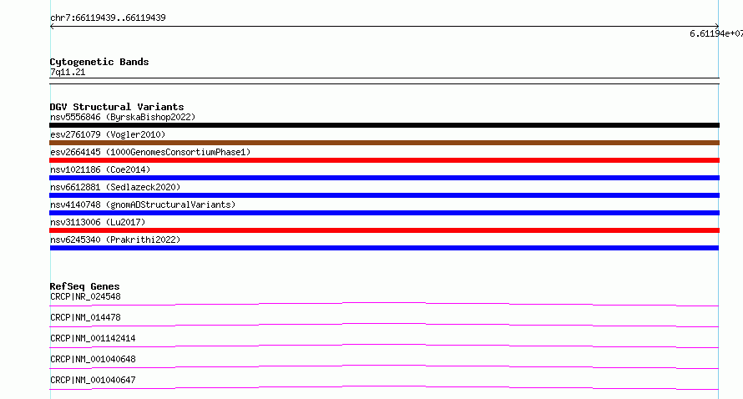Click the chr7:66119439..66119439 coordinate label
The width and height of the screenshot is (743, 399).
(108, 18)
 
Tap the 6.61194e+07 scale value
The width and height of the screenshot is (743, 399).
(716, 33)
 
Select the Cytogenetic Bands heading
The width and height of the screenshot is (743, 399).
(99, 62)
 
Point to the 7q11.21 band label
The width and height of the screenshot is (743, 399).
(68, 72)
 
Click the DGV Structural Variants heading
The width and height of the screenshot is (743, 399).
(117, 107)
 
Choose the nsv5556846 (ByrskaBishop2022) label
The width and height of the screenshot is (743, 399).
(123, 117)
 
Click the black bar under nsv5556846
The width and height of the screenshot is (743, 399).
(384, 125)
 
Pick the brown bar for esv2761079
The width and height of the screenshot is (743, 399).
(384, 143)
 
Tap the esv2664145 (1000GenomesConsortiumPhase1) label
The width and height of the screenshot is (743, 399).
(150, 152)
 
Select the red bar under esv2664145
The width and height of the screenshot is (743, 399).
(384, 160)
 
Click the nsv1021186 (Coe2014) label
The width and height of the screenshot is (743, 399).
(100, 169)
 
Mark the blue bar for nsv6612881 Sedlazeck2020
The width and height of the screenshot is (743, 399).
(384, 195)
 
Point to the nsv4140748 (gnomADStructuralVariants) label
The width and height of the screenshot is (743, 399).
(143, 205)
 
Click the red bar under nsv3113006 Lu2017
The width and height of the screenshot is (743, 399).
(384, 230)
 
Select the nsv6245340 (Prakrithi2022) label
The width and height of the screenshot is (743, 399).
(115, 240)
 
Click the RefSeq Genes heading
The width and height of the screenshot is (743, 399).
(84, 286)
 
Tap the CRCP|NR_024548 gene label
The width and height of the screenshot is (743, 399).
(85, 296)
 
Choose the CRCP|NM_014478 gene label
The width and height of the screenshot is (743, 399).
(85, 317)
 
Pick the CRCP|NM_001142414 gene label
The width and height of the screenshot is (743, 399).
(93, 338)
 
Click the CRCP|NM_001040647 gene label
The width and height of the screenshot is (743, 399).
(93, 380)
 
